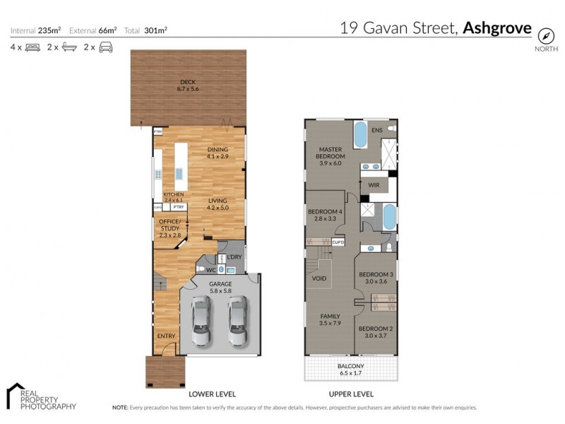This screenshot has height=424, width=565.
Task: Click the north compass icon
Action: click(545, 35)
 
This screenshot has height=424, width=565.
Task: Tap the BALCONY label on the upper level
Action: click(351, 367)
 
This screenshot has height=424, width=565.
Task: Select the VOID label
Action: click(319, 278)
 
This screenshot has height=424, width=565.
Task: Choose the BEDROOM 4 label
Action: click(325, 215)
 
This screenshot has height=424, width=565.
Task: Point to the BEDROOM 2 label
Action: click(375, 333)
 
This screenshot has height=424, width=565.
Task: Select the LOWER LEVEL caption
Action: click(212, 394)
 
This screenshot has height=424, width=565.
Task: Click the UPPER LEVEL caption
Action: click(350, 394)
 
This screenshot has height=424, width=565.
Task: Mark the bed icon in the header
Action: click(32, 47)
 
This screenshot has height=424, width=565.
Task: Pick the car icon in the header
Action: click(105, 47)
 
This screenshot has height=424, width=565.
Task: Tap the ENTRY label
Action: click(166, 336)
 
